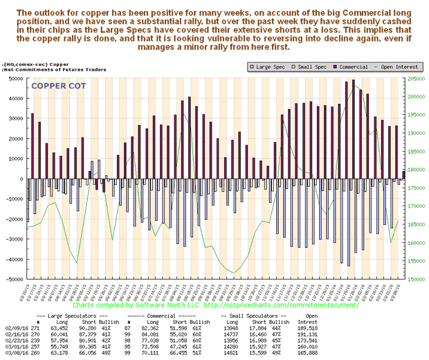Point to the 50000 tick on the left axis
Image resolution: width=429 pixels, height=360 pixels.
coord(13,78)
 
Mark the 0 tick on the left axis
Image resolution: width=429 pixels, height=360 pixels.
coord(21,179)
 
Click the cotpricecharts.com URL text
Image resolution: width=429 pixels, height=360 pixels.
coord(283,305)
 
